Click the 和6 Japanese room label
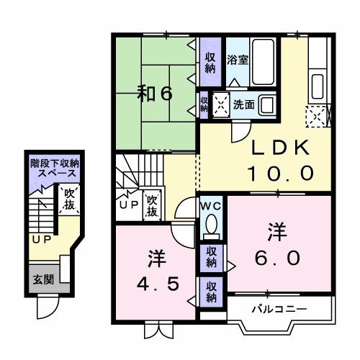pos(156,94)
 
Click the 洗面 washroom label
pos(243,104)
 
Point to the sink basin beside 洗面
pos(267,104)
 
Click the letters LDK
pos(280,148)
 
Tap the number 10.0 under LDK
pos(281,173)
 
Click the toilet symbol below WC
pos(211,226)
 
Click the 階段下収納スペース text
pos(53,168)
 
